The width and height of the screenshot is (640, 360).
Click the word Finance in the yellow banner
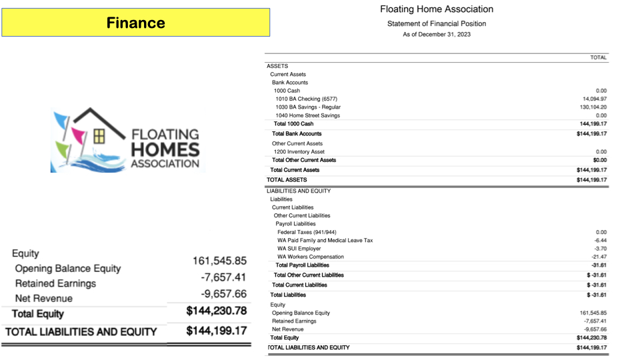pos(136,23)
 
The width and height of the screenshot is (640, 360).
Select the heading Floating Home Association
pos(437,9)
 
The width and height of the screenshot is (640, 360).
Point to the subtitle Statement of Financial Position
pos(437,23)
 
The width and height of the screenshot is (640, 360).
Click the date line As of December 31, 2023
pos(437,34)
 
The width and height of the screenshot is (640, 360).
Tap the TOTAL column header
pos(598,58)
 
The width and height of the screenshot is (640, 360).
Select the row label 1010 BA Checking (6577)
pos(307,99)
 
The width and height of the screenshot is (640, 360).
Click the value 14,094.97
pos(595,99)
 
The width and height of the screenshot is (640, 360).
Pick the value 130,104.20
pos(593,107)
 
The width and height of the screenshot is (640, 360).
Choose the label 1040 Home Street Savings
pos(307,115)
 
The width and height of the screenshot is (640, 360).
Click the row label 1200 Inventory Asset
pos(299,152)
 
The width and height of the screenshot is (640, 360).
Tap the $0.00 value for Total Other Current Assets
pos(599,160)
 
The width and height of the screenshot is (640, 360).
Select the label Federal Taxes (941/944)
pos(309,232)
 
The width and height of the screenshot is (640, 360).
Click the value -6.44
pos(600,241)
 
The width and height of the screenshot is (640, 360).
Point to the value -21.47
pos(599,257)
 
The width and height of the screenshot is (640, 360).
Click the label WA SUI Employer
pos(299,249)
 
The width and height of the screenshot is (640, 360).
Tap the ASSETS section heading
pos(277,66)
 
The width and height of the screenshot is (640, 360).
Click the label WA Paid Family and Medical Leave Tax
pos(325,241)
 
